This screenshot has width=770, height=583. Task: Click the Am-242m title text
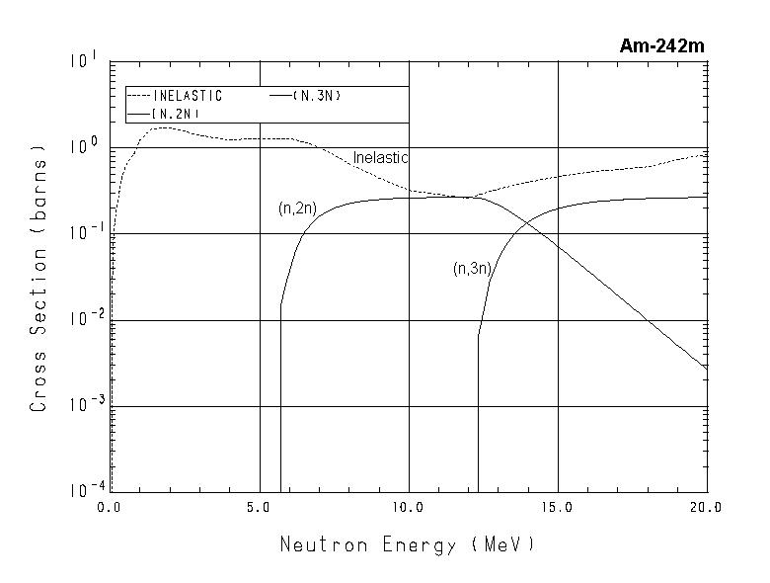tap(661, 45)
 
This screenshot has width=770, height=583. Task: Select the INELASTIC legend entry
tap(188, 96)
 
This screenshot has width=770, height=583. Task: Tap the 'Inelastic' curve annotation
tap(380, 158)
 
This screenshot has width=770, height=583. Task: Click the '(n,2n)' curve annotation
tap(297, 209)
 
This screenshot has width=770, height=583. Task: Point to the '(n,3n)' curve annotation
tap(472, 268)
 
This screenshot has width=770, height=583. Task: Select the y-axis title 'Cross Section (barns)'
tap(38, 279)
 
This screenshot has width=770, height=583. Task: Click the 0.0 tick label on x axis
tap(110, 507)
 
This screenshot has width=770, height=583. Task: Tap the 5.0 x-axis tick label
tap(259, 507)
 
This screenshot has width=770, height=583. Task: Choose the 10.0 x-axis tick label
tap(408, 507)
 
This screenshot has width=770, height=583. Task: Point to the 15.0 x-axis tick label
tap(558, 507)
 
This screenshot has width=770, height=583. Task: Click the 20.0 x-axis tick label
tap(706, 507)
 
